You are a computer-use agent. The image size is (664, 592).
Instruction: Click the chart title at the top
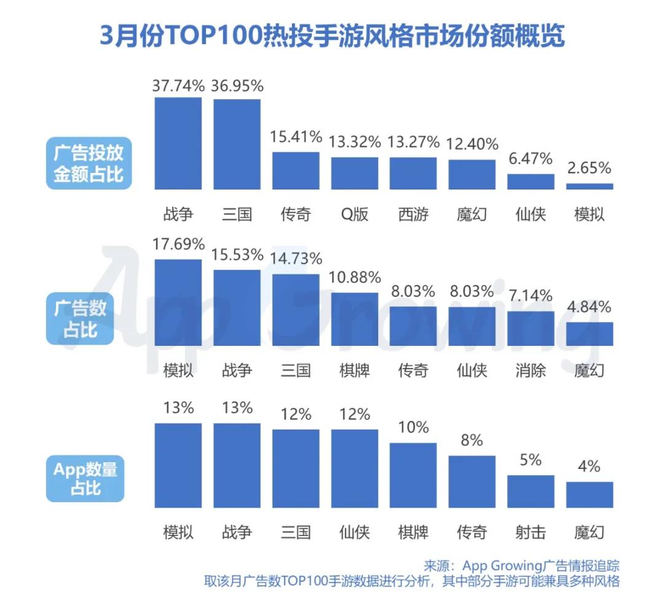pyautogui.click(x=332, y=36)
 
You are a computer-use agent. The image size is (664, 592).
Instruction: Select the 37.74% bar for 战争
pyautogui.click(x=178, y=143)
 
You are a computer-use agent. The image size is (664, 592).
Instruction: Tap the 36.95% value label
pyautogui.click(x=237, y=86)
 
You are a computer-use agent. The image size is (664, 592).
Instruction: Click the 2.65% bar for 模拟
pyautogui.click(x=589, y=186)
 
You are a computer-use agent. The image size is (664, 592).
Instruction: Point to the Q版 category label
pyautogui.click(x=354, y=214)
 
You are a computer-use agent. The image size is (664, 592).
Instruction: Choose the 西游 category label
pyautogui.click(x=413, y=214)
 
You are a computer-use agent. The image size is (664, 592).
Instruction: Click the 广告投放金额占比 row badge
pyautogui.click(x=89, y=163)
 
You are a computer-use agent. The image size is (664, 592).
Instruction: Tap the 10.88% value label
pyautogui.click(x=355, y=278)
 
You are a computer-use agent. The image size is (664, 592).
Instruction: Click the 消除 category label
pyautogui.click(x=530, y=370)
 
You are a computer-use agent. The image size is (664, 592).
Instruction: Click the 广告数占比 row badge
pyautogui.click(x=80, y=319)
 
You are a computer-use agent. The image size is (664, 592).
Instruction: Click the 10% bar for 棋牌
pyautogui.click(x=413, y=475)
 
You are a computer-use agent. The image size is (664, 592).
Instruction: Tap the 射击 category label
pyautogui.click(x=530, y=532)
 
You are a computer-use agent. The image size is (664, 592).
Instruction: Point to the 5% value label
pyautogui.click(x=530, y=460)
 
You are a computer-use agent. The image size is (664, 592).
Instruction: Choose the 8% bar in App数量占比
pyautogui.click(x=472, y=481)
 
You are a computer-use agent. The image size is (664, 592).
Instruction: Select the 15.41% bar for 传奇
pyautogui.click(x=296, y=170)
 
